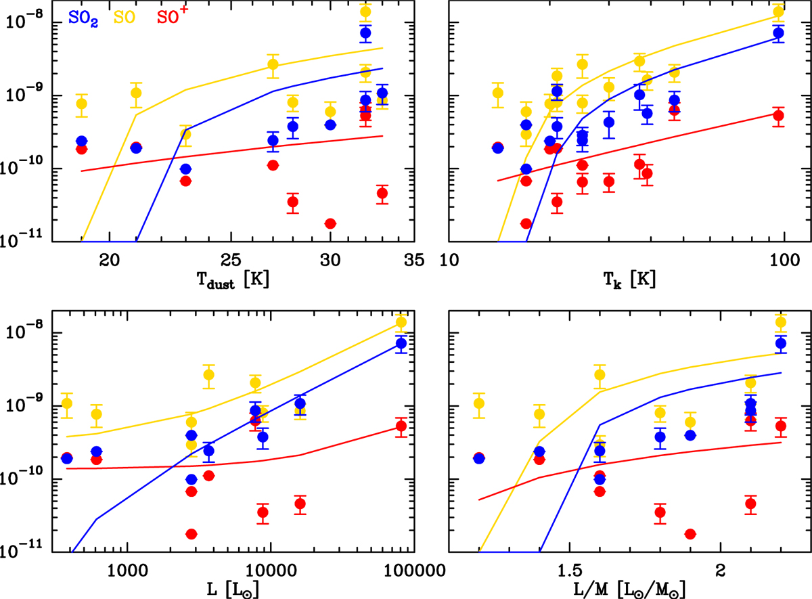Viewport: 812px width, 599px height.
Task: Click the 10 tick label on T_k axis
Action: point(450,260)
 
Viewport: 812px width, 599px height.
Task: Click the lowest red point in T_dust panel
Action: point(330,223)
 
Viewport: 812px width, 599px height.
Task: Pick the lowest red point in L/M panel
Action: point(690,534)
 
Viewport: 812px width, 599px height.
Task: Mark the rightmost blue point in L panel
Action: point(401,343)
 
